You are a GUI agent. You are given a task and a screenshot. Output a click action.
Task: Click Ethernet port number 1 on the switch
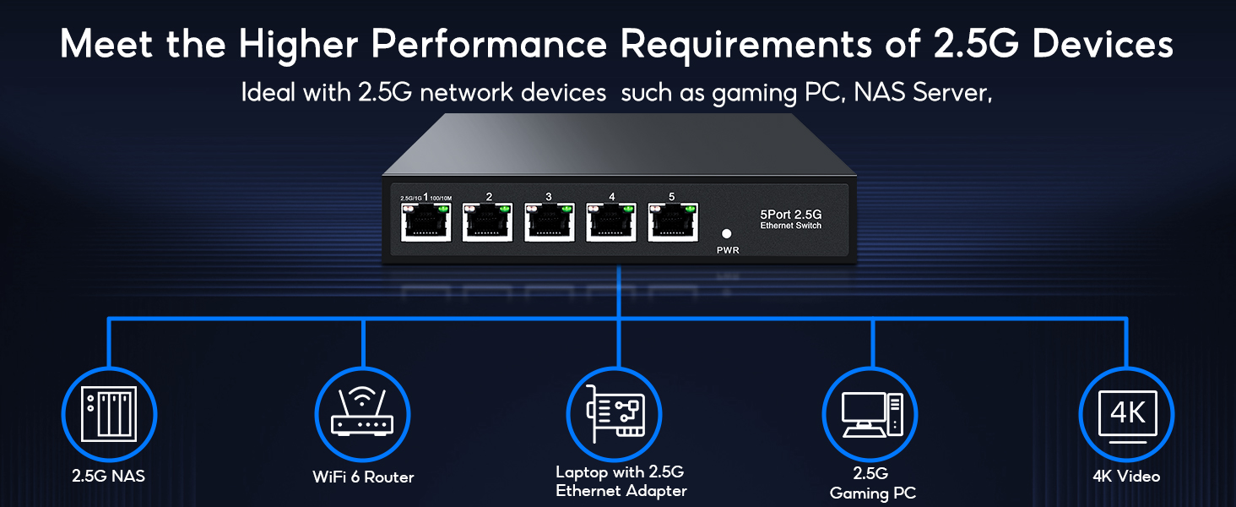pos(426,223)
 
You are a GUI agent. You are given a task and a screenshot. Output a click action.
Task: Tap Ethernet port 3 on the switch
pos(550,223)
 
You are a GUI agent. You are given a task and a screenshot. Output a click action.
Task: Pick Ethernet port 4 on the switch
pos(611,223)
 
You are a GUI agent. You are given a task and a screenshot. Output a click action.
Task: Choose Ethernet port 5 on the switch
pos(672,223)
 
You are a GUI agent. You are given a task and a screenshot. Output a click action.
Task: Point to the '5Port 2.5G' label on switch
pos(790,215)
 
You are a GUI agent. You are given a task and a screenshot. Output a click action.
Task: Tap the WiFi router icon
pos(363,413)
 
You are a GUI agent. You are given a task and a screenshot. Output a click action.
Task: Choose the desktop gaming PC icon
pos(871,414)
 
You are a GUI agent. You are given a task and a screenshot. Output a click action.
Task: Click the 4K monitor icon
pos(1127,415)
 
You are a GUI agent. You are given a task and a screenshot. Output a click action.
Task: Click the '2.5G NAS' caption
pos(108,476)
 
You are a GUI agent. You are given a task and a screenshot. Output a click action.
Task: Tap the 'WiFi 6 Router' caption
pos(363,477)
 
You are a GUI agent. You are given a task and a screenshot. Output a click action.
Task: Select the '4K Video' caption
pos(1126,476)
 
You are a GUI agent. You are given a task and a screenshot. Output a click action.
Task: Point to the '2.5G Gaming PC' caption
pos(872,483)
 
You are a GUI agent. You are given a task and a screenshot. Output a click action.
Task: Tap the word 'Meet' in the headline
pos(109,45)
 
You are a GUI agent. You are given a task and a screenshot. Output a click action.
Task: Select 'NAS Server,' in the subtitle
pos(921,92)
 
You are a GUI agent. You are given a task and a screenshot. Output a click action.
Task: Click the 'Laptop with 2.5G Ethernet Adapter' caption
pos(621,481)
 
